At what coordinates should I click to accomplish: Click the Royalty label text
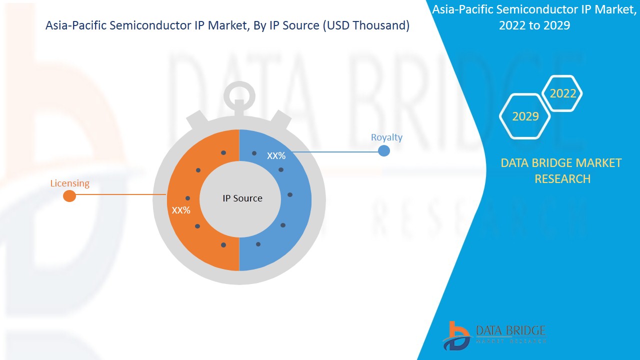pos(386,137)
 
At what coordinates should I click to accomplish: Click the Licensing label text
pos(69,183)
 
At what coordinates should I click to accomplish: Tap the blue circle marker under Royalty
pos(383,150)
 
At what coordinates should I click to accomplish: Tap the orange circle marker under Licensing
pos(69,196)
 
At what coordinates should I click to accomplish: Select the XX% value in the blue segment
pos(276,156)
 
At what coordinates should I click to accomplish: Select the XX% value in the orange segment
pos(181,210)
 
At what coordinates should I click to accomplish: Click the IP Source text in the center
pos(242,198)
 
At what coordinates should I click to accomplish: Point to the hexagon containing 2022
pos(562,93)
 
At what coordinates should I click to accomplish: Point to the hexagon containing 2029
pos(525,116)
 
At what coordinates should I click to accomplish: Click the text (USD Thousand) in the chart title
pos(366,25)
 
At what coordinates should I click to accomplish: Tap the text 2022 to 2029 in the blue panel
pos(534,25)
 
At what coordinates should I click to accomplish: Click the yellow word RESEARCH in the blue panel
pos(562,179)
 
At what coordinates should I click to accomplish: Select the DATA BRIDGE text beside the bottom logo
pos(510,330)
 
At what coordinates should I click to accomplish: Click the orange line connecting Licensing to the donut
pos(120,195)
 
